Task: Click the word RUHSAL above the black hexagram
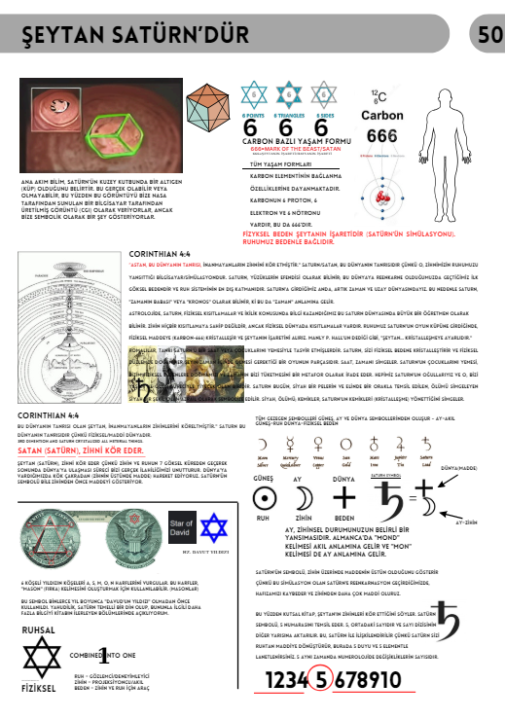[x=39, y=629]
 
